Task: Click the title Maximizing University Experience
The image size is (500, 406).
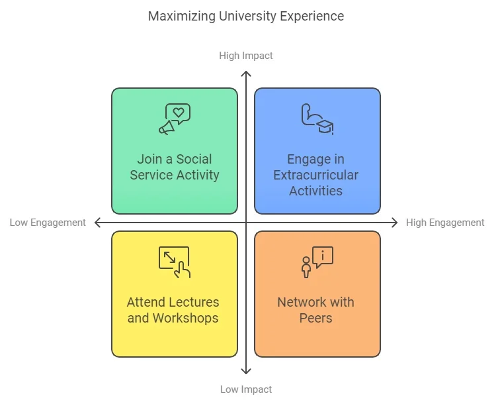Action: click(x=246, y=16)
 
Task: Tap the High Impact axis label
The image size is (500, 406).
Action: click(x=246, y=56)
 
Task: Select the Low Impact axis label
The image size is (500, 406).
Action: click(x=246, y=389)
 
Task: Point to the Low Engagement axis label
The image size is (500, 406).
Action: click(x=48, y=223)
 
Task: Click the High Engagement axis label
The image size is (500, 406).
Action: click(x=445, y=223)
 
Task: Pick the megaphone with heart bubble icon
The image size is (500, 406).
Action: click(x=174, y=119)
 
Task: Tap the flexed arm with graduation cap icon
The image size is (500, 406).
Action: click(x=317, y=119)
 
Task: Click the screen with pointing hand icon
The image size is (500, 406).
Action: click(x=174, y=262)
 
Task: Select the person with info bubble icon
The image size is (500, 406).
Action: click(x=317, y=262)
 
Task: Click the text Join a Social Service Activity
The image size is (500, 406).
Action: click(x=174, y=167)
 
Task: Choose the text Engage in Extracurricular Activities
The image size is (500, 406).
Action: click(x=316, y=175)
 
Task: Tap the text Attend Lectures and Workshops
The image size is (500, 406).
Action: click(x=173, y=310)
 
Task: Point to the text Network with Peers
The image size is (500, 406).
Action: click(x=316, y=310)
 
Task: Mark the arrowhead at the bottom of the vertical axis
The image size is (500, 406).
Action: click(x=246, y=374)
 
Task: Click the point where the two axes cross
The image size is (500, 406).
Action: click(x=246, y=223)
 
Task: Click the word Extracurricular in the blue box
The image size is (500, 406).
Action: click(x=316, y=175)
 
